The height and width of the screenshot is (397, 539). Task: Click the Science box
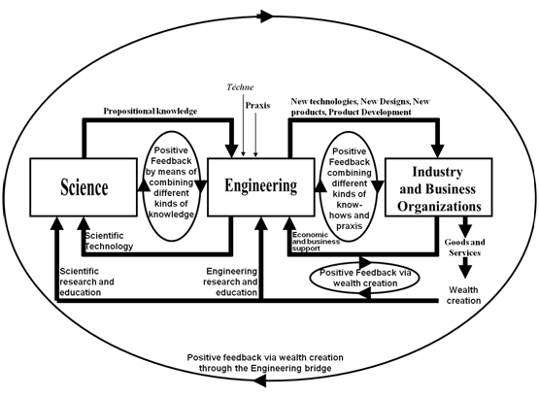(x=84, y=187)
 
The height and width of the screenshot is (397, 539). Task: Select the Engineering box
(x=261, y=187)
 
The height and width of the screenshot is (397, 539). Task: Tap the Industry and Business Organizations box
(x=438, y=187)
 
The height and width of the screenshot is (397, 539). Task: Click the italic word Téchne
(x=240, y=87)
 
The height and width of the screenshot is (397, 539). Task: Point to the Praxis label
(x=257, y=106)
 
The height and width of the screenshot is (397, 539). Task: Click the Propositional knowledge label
(x=151, y=112)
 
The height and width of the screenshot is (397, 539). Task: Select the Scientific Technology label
(x=109, y=241)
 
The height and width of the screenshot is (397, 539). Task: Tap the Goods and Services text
(x=465, y=248)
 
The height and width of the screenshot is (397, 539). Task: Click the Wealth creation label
(x=463, y=295)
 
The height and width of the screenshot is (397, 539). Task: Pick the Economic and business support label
(x=316, y=242)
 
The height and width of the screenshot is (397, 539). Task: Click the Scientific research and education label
(x=86, y=281)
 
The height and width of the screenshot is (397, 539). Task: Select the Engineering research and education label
(x=230, y=281)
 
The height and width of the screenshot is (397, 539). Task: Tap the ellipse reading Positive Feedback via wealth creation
(x=365, y=278)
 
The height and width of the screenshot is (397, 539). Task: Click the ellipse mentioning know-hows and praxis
(x=349, y=187)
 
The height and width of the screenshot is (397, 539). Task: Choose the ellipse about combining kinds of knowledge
(x=171, y=186)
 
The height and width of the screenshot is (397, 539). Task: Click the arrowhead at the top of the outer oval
(x=266, y=17)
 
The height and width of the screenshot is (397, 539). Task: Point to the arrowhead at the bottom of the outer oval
(x=260, y=380)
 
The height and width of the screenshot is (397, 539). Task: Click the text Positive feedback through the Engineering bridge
(x=265, y=363)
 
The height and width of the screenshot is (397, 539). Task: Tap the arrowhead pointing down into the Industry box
(x=438, y=151)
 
